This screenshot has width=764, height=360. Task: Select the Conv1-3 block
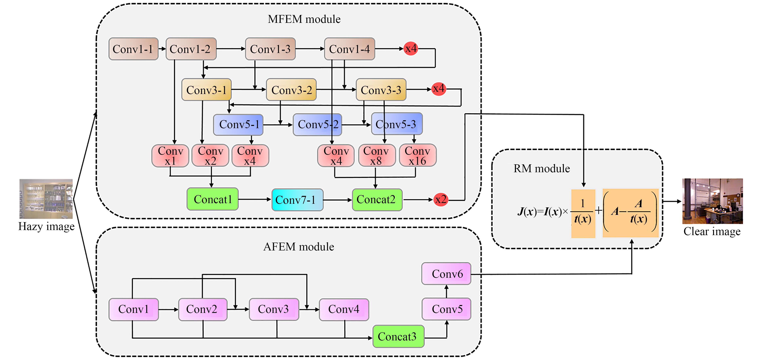(x=270, y=49)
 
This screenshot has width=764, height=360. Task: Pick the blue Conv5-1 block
(x=238, y=125)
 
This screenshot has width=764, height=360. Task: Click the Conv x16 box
(x=418, y=156)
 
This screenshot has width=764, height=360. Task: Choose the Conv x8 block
(x=376, y=156)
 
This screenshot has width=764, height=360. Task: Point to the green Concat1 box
(x=213, y=199)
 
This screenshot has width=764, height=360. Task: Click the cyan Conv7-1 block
(x=297, y=200)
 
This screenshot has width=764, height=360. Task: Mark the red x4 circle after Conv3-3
(x=439, y=89)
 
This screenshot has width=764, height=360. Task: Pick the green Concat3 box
(x=398, y=337)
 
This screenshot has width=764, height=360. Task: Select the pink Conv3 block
(x=274, y=309)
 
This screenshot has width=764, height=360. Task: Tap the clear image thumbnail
(x=712, y=201)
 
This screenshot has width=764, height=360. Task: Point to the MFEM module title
(x=304, y=19)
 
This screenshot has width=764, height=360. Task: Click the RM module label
(x=541, y=168)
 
